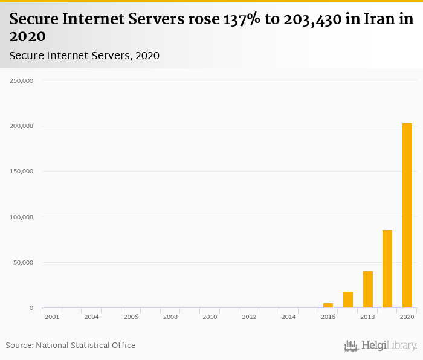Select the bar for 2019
(387, 269)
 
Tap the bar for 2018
(368, 289)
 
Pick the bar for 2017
(348, 300)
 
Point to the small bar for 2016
(328, 306)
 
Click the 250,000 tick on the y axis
(22, 80)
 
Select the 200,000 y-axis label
(22, 126)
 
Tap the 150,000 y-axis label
(22, 172)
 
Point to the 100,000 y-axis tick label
(22, 217)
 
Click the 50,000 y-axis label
(24, 263)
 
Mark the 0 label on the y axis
(31, 308)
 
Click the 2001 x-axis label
(52, 317)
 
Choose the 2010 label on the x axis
(210, 317)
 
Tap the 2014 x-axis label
(289, 317)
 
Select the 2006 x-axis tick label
(131, 317)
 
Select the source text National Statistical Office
(86, 346)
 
